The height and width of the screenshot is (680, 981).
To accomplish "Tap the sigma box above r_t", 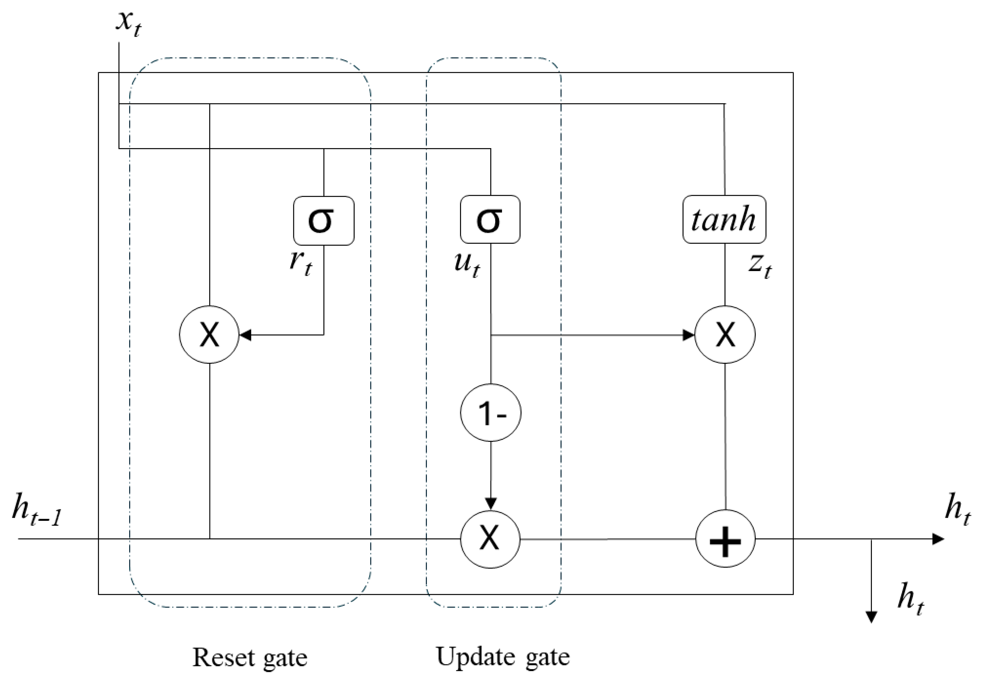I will (323, 220).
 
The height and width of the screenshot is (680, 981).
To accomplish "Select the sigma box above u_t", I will (490, 219).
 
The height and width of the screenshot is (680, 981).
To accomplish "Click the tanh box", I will (724, 219).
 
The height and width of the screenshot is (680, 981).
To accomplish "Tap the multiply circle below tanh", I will (725, 335).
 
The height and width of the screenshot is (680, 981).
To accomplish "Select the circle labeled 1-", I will (491, 413).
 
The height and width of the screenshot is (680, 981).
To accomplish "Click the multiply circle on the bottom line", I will (490, 539).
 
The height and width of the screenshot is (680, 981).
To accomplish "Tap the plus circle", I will (725, 539).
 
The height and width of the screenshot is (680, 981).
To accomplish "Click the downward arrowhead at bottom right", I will (872, 617).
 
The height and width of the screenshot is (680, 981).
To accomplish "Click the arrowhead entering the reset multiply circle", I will (245, 335).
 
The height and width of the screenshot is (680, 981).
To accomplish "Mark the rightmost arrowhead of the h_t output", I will (938, 539).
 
